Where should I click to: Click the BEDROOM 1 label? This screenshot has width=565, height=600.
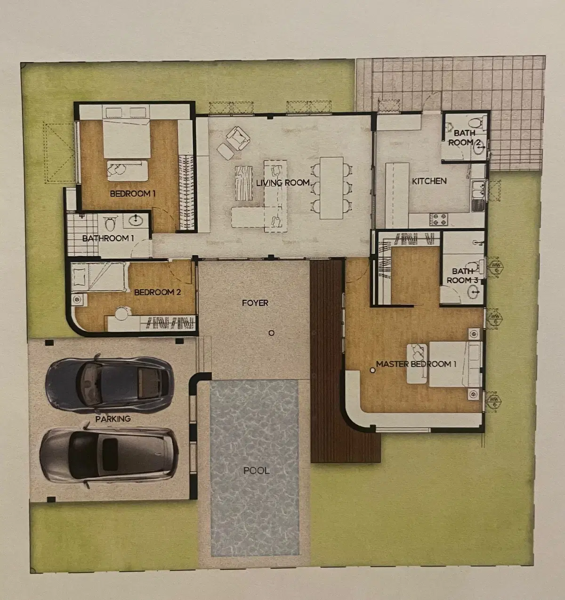132,194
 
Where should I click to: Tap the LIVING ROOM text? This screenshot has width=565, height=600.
283,183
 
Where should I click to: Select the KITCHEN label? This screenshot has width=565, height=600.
429,181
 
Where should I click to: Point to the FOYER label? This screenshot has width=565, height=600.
255,303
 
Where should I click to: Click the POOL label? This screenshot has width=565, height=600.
256,470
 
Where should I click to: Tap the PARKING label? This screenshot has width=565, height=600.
113,419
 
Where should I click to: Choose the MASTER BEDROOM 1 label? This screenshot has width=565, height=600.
416,364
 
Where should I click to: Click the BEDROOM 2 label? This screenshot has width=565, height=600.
157,292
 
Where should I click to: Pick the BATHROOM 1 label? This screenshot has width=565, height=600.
108,238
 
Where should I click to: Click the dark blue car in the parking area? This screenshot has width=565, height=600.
109,383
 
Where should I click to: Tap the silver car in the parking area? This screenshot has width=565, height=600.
109,455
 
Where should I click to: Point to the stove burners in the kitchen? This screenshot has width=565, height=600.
438,220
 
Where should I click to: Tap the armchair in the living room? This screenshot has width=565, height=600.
238,139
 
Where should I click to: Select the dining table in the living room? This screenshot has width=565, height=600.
331,188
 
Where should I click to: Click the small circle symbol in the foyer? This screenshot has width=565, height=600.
271,333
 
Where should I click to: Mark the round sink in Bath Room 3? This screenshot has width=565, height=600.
474,292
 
